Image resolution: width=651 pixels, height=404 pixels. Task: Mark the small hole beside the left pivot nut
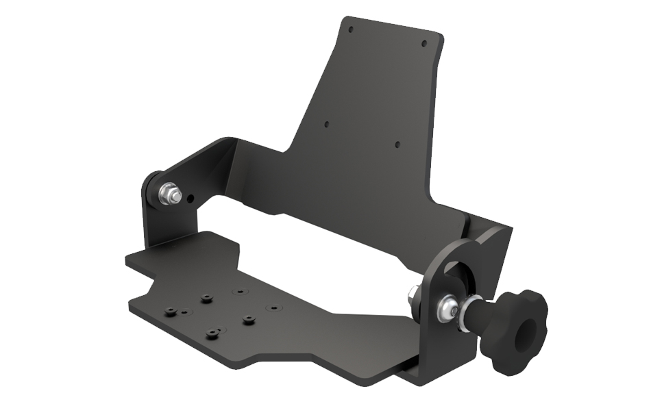191,200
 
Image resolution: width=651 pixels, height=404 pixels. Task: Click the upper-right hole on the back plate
423,44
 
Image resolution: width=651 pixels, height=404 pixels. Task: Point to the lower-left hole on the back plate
326,125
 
